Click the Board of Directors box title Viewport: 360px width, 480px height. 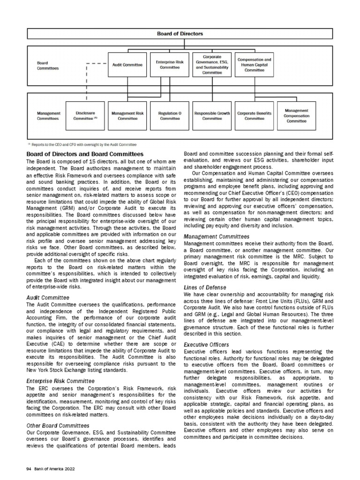pyautogui.click(x=180, y=33)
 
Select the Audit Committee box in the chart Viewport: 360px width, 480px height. pyautogui.click(x=127, y=65)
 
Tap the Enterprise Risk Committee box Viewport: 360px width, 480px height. pyautogui.click(x=170, y=65)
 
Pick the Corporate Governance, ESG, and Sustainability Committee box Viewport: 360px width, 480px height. pyautogui.click(x=212, y=65)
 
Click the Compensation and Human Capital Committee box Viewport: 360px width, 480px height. pyautogui.click(x=254, y=65)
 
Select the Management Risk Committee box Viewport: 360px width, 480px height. pyautogui.click(x=127, y=116)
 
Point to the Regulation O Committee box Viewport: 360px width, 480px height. pyautogui.click(x=169, y=116)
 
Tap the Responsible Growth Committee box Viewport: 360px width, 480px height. pyautogui.click(x=212, y=116)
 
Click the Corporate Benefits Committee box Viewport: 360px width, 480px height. pyautogui.click(x=254, y=116)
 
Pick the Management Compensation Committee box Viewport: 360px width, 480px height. pyautogui.click(x=296, y=115)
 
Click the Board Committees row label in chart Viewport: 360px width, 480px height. pyautogui.click(x=48, y=65)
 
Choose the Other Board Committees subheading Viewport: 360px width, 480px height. pyautogui.click(x=58, y=425)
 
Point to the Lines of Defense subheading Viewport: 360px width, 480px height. pyautogui.click(x=205, y=287)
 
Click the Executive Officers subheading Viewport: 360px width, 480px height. pyautogui.click(x=206, y=345)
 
